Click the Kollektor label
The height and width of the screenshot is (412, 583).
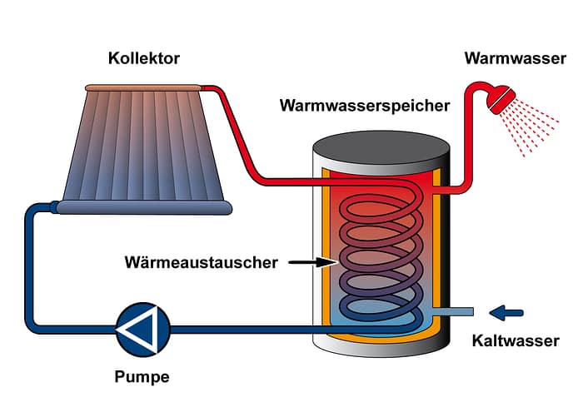[143, 58]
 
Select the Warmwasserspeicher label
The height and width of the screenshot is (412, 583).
[365, 106]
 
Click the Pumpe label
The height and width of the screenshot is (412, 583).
[142, 377]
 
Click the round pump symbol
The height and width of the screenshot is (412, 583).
[142, 329]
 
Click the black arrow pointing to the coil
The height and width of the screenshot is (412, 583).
[313, 263]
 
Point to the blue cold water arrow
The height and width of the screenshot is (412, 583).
[506, 313]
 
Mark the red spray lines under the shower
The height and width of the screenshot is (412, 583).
[533, 129]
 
